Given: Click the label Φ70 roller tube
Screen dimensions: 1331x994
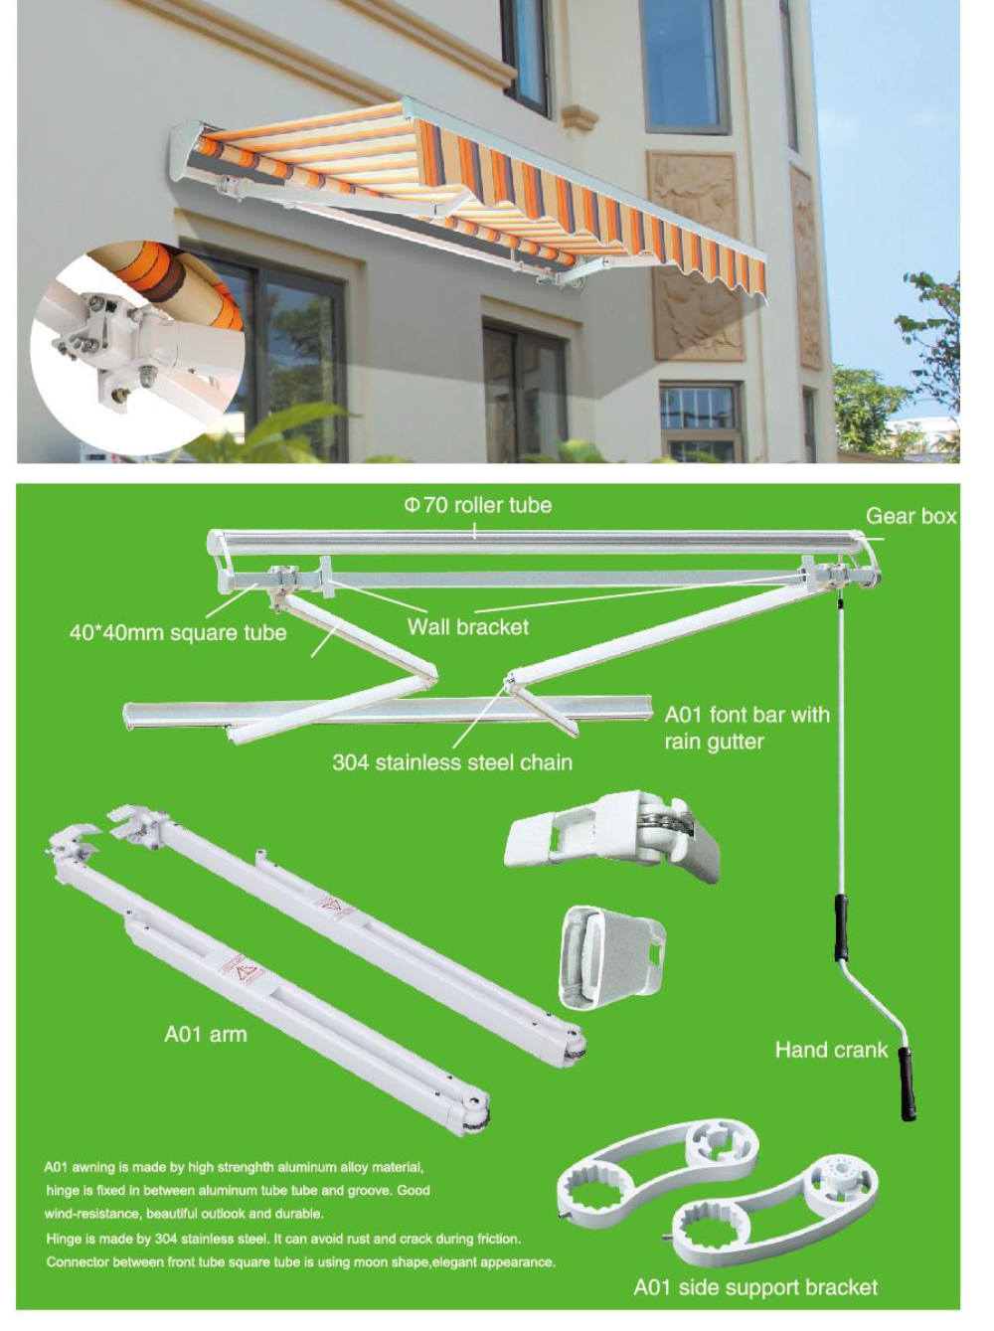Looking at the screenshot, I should [477, 505].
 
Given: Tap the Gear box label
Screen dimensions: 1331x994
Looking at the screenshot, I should [911, 516].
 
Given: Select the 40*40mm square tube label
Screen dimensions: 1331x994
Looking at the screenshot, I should [178, 633].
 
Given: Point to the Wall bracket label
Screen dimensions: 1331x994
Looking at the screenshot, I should [468, 627].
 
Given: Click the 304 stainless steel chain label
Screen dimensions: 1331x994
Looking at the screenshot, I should [452, 762].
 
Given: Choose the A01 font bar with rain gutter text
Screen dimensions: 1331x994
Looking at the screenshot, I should [746, 728].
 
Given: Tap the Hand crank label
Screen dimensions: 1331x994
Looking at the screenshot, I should [831, 1050].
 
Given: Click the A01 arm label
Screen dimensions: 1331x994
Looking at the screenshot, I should [206, 1035].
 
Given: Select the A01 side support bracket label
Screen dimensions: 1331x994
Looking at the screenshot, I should [755, 1287].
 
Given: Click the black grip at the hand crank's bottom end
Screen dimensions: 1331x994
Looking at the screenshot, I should [908, 1083].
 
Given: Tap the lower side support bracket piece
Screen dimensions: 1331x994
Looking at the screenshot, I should [775, 1208].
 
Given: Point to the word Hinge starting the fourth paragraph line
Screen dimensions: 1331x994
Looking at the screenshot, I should [65, 1239].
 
